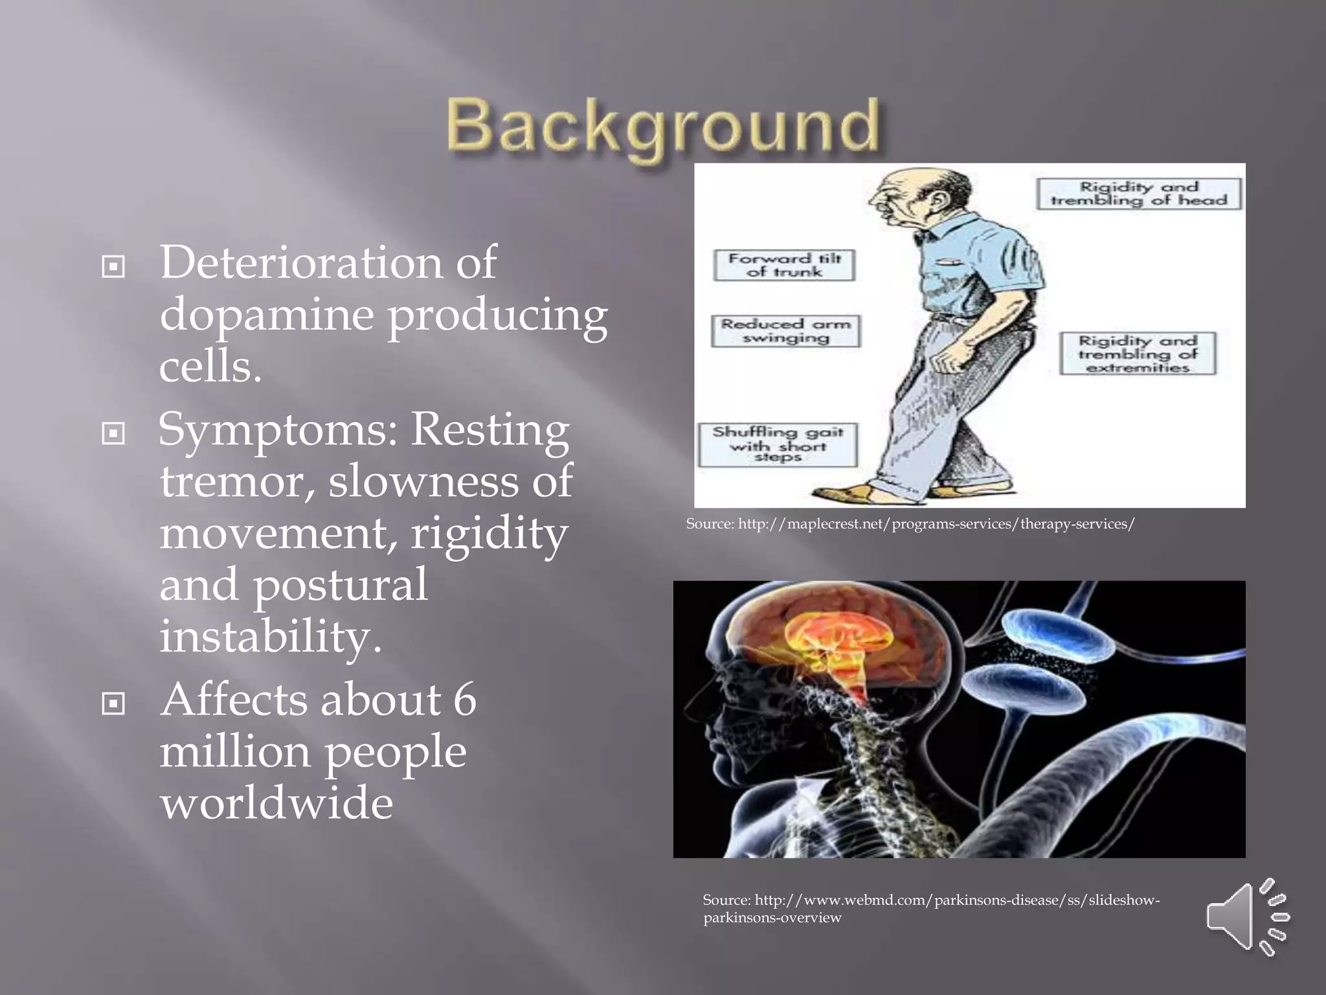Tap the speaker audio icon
[x=1247, y=917]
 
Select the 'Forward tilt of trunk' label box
[x=784, y=265]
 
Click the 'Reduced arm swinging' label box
[x=785, y=331]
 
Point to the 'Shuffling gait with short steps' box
[x=778, y=444]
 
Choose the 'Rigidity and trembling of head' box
[x=1138, y=194]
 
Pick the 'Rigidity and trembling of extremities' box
[x=1138, y=354]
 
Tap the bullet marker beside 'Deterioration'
[x=113, y=266]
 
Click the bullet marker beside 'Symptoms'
[x=113, y=433]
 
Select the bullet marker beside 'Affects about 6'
[x=113, y=703]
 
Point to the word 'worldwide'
[x=276, y=803]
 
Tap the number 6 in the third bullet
[x=464, y=700]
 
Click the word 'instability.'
[x=271, y=636]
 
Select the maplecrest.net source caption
[x=910, y=523]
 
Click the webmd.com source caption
[x=930, y=908]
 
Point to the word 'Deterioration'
[x=300, y=264]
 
